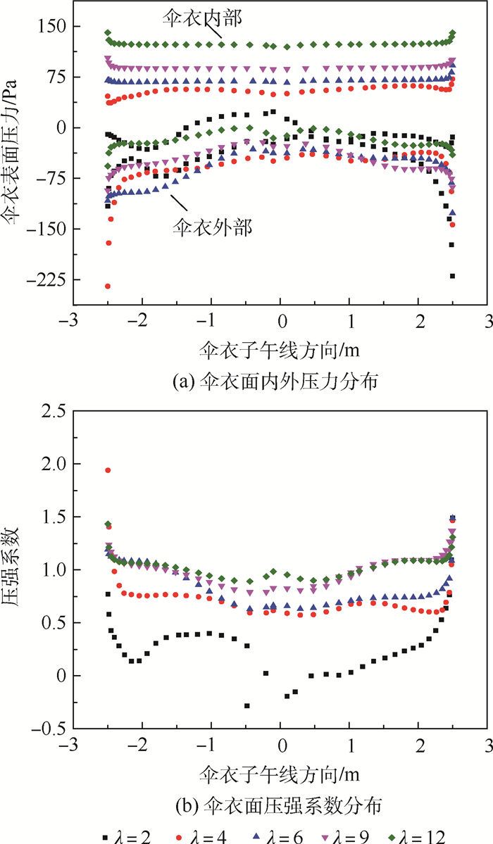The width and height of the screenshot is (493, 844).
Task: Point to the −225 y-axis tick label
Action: [42, 280]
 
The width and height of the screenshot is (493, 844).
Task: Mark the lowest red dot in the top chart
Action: [108, 286]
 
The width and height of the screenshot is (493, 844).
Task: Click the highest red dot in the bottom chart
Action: [108, 470]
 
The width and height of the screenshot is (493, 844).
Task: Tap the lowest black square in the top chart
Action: [452, 276]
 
